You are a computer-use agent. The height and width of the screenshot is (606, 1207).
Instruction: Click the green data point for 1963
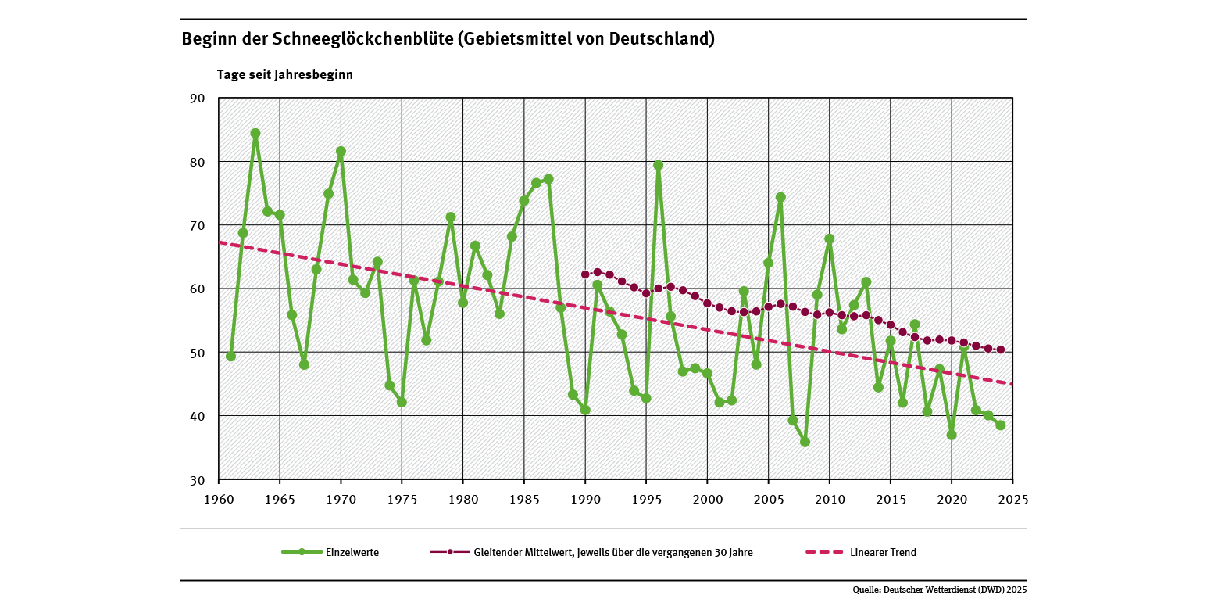click(x=255, y=133)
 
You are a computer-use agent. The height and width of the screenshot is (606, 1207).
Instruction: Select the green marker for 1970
click(x=341, y=152)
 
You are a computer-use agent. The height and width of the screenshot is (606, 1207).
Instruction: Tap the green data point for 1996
click(x=659, y=165)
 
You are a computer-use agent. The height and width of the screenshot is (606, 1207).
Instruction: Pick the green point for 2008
click(x=805, y=442)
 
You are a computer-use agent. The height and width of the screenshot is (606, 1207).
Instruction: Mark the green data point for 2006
click(x=780, y=197)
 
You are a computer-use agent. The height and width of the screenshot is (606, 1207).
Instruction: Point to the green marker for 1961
click(x=230, y=356)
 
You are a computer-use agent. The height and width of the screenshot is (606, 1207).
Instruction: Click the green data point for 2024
click(x=1000, y=425)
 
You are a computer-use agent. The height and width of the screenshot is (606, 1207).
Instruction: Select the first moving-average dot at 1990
click(x=585, y=274)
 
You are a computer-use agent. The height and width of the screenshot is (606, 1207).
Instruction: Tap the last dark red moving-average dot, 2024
click(x=1001, y=350)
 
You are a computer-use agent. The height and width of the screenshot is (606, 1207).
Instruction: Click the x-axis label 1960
click(x=218, y=499)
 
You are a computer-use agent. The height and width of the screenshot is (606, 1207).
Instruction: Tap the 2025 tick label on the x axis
click(x=1012, y=499)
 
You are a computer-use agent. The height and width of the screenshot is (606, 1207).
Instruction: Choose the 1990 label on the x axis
click(x=585, y=499)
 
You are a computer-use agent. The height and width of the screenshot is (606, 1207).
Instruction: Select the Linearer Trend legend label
click(x=882, y=552)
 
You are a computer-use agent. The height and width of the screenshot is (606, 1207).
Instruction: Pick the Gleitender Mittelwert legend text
click(x=612, y=552)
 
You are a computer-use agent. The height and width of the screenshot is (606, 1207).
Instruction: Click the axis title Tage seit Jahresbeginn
click(x=285, y=75)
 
